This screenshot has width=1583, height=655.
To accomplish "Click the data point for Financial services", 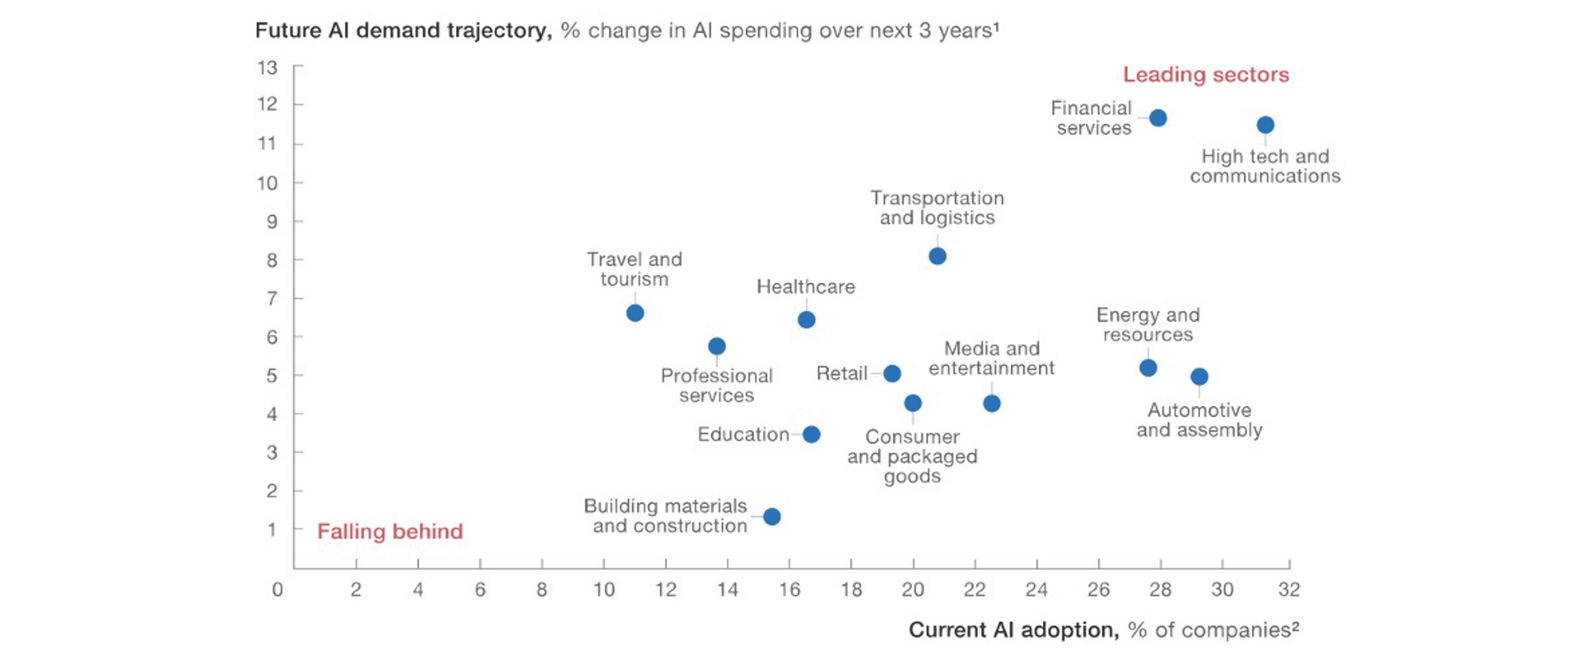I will point(1158,118).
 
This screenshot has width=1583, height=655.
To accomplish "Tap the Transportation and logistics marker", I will point(937,256).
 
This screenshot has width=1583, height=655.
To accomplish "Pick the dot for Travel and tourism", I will point(635,313).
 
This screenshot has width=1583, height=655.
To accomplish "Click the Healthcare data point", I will point(806,320).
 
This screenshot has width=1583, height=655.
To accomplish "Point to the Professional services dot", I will point(717,346).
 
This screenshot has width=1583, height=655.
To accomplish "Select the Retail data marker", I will point(892,373).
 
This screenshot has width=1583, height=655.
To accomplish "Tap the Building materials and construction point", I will point(772,517).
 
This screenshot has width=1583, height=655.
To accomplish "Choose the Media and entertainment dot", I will point(992,403).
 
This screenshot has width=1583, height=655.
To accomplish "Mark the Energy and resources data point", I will point(1148,368).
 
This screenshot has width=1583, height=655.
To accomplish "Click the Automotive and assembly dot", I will point(1199,376).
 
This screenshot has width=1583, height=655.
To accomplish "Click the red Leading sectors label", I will point(1206,74).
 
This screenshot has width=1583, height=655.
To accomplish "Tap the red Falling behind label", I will point(390,531).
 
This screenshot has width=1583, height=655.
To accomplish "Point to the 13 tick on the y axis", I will point(267,67).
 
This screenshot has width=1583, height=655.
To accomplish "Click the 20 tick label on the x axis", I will point(913,589).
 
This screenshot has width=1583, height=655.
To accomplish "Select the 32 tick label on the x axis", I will point(1289,589).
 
